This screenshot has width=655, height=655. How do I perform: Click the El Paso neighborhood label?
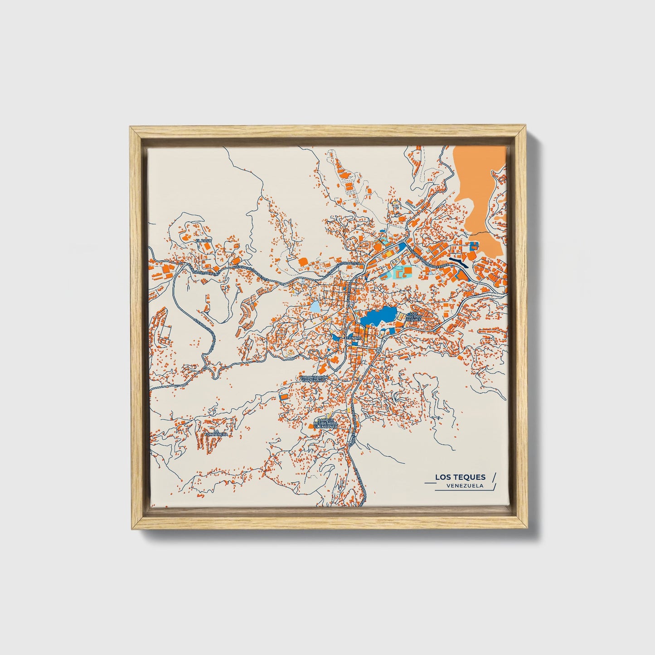click(204, 240)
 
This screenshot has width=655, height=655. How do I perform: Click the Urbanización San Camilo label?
click(313, 378)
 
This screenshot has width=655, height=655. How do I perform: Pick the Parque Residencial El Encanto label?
click(325, 424)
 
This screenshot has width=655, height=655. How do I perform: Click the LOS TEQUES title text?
click(460, 477)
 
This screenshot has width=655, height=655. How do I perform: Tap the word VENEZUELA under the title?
click(465, 485)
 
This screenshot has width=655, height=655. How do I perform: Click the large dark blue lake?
click(378, 315)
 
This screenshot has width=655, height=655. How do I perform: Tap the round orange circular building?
click(301, 262)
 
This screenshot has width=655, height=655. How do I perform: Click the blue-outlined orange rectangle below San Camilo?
click(284, 396)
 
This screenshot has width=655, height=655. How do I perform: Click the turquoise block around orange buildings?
click(401, 272)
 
